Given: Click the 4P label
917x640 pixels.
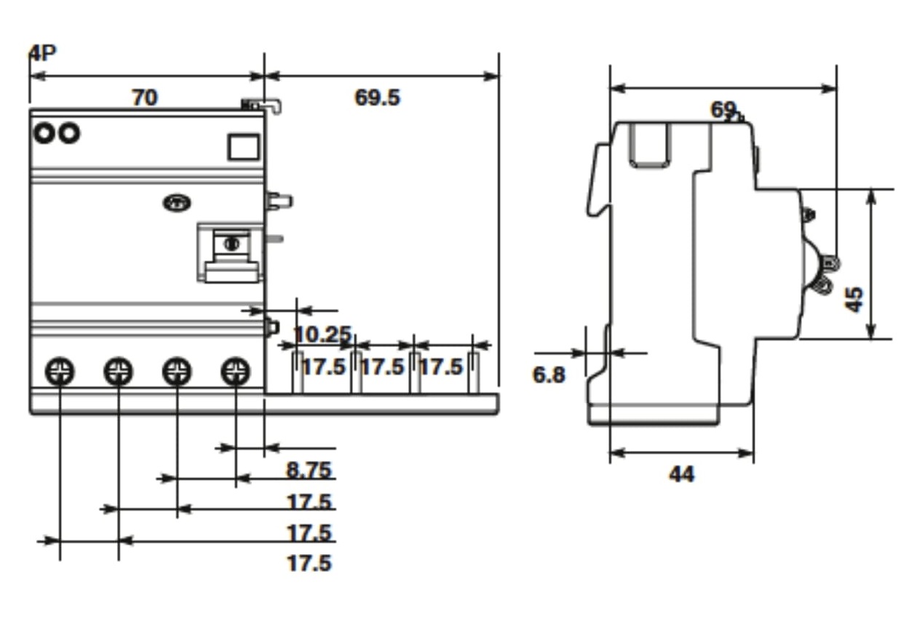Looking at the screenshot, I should tap(42, 53).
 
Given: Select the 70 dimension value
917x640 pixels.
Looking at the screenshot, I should tap(144, 97).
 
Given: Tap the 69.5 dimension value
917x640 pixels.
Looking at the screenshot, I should tap(377, 97).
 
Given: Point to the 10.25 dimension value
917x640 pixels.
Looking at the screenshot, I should tap(322, 335).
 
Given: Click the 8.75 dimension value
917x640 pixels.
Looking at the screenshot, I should tap(309, 470).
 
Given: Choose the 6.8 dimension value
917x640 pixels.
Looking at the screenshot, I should tap(549, 375).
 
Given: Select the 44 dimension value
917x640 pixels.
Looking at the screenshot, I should tap(681, 474).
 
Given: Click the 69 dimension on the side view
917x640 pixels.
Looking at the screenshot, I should tap(723, 109).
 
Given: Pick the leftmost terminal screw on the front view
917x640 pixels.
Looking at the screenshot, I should tap(60, 372).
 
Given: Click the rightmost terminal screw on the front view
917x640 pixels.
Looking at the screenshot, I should tap(235, 372).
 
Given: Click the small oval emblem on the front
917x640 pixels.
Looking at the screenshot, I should tap(177, 204).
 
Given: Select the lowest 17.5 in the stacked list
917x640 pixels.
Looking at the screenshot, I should tap(309, 563).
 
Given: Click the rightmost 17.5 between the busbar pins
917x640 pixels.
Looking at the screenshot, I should tap(441, 367).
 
